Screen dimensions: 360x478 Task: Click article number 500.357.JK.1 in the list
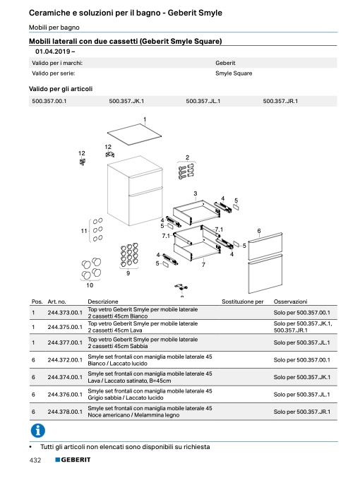(126, 101)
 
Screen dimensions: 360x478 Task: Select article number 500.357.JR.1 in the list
(280, 101)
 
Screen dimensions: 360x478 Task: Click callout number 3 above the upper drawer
(195, 193)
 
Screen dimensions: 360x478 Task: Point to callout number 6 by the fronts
(259, 231)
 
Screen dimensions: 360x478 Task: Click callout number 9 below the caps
(128, 273)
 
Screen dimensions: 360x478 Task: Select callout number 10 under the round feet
(90, 285)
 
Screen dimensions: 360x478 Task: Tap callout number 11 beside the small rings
(84, 231)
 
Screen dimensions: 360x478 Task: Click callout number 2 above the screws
(187, 157)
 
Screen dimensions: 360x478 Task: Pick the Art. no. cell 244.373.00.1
(65, 313)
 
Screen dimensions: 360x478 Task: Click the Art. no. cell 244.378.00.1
(65, 412)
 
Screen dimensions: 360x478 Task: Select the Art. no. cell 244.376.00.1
(65, 395)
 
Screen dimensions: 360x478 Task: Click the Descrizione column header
(103, 301)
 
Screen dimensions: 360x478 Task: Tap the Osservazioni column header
(290, 301)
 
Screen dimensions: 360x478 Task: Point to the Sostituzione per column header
(242, 301)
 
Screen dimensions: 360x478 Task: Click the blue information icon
(38, 431)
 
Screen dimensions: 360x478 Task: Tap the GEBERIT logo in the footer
(73, 460)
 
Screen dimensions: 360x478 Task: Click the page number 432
(35, 460)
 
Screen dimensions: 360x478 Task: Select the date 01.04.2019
(53, 52)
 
